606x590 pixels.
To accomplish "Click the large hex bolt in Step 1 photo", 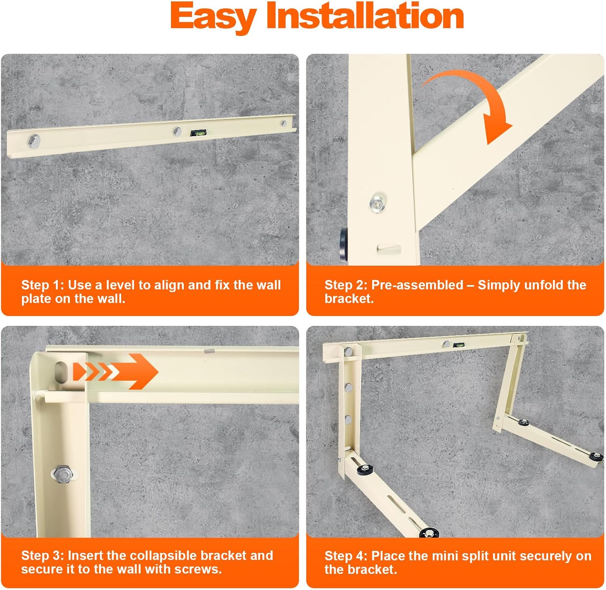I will [x=34, y=141].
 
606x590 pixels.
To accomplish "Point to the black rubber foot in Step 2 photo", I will [x=343, y=244].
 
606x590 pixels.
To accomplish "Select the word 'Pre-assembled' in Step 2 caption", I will [x=417, y=285].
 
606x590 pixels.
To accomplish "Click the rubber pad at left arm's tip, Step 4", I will [x=429, y=533].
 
